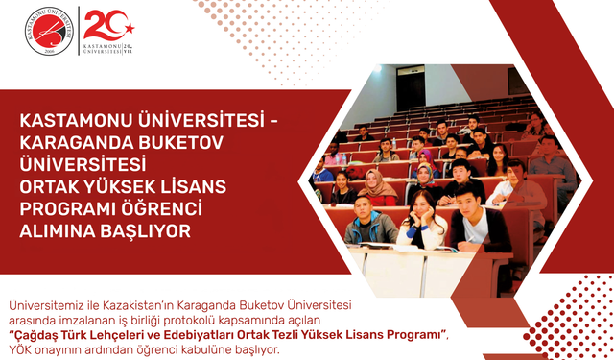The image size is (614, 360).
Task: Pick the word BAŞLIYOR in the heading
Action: (144, 230)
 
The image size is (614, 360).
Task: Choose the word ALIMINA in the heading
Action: (59, 230)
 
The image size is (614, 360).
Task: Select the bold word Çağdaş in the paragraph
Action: (39, 333)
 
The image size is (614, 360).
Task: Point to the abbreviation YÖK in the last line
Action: (21, 348)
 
